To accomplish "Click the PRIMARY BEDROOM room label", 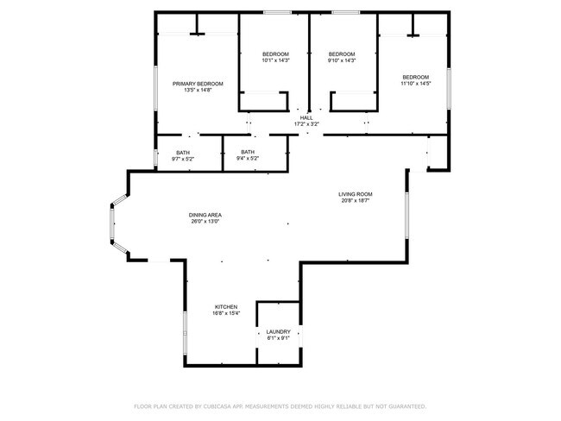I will (198, 84).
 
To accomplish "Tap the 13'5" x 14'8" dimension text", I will (198, 91).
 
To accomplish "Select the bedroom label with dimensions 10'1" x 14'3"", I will (274, 53).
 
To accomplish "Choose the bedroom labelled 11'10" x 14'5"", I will (414, 77).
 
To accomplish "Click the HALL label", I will (306, 117).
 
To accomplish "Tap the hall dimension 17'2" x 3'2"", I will (306, 124).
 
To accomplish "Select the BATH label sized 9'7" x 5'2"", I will (183, 152).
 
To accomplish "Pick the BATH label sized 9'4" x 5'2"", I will (248, 152).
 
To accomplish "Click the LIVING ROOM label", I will (355, 194).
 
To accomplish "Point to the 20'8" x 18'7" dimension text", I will (355, 201).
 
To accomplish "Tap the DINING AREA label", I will (205, 215).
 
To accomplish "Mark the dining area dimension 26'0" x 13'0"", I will (205, 222).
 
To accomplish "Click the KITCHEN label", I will (226, 307).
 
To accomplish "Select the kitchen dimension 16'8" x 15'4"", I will (226, 314).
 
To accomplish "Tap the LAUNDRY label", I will (278, 331).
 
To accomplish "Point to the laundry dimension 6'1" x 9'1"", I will (278, 338).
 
